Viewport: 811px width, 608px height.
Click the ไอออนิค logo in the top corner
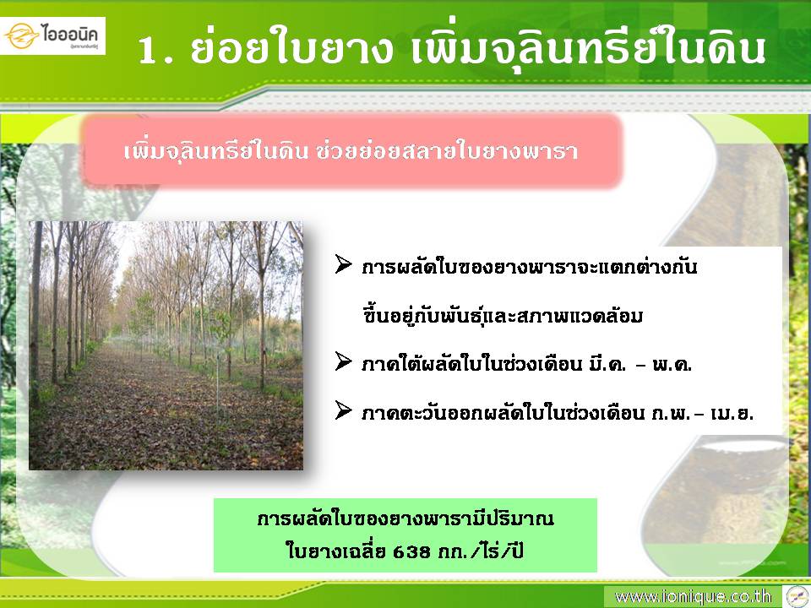point(52,35)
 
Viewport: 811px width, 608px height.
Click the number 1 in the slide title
point(148,51)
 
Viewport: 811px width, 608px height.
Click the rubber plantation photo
point(166,345)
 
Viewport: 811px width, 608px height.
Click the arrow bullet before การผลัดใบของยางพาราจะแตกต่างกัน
point(344,263)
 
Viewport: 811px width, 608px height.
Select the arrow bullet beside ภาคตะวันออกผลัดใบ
point(344,410)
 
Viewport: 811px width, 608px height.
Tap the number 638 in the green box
point(411,551)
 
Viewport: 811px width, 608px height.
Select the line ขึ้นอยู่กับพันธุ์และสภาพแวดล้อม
point(502,313)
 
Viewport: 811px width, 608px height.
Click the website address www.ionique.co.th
point(693,597)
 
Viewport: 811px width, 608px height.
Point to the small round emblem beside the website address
point(797,597)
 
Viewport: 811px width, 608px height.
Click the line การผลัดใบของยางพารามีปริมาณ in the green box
point(405,518)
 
